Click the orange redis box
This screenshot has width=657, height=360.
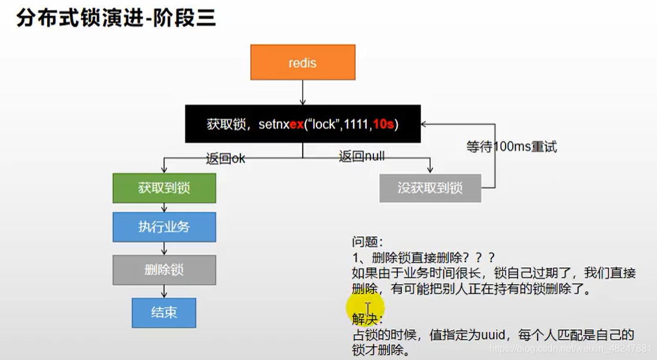pos(302,63)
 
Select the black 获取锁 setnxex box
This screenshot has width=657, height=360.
pos(302,124)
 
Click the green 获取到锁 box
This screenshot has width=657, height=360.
pos(164,188)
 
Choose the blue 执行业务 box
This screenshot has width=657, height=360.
pos(164,227)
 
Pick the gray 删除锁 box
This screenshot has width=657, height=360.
pos(164,270)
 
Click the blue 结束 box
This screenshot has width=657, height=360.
pos(164,312)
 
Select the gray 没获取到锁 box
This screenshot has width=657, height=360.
pos(430,188)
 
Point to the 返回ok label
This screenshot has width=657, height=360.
pos(226,158)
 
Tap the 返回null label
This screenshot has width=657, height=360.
pos(361,157)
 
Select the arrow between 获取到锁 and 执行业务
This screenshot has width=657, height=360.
pos(164,208)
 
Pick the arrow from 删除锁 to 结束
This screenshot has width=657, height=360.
pos(164,291)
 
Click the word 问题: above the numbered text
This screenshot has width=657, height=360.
pos(366,242)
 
